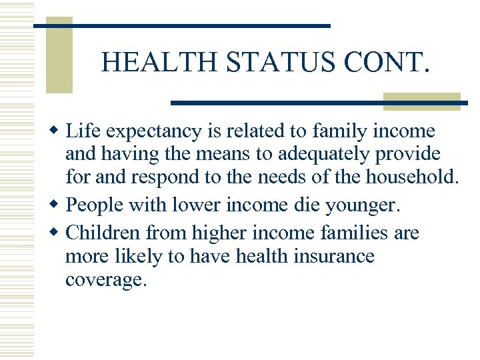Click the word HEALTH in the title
[161, 63]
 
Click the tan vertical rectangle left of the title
[59, 55]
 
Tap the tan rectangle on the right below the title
[421, 101]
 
